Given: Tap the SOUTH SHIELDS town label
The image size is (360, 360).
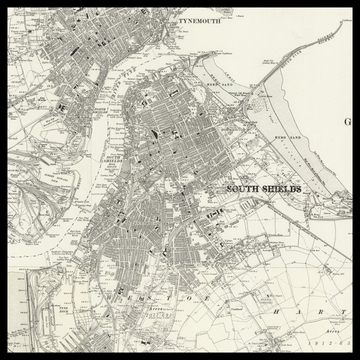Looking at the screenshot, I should (x=264, y=188).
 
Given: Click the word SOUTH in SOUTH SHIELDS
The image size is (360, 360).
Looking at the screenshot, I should (x=244, y=188).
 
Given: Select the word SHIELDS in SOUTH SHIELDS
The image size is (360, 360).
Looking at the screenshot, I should (x=283, y=188).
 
